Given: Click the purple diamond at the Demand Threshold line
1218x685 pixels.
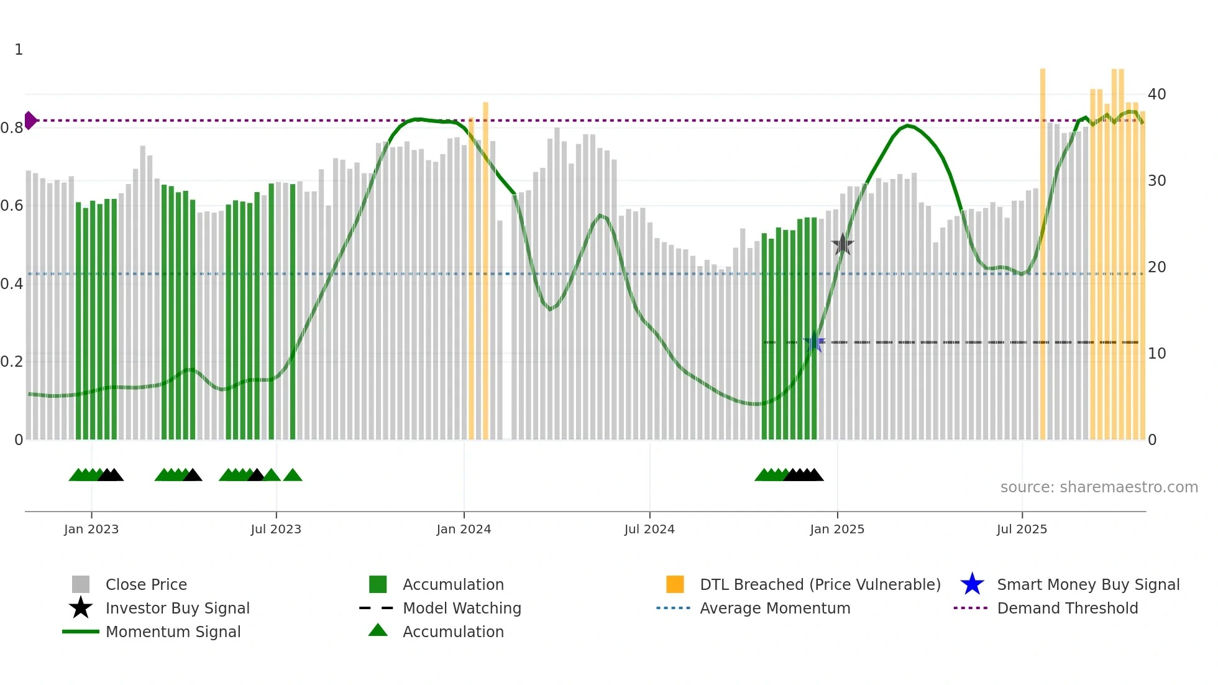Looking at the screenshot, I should (x=30, y=121).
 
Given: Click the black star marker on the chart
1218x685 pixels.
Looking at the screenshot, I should (x=843, y=245).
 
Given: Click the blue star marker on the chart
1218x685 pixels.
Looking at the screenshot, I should (x=813, y=342).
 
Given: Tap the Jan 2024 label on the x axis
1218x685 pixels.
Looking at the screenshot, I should (x=464, y=529).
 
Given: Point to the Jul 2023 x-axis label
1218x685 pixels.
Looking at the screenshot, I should (x=276, y=529).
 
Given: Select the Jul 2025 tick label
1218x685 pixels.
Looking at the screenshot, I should (x=1022, y=529).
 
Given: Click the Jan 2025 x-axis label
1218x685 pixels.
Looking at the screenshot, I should (x=837, y=529).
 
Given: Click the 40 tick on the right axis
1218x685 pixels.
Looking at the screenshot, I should (x=1156, y=94).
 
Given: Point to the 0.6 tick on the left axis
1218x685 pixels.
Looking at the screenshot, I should (x=12, y=206).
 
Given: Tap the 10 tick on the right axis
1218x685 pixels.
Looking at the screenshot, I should (x=1156, y=354).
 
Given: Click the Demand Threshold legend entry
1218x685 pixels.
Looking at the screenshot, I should (x=1067, y=608).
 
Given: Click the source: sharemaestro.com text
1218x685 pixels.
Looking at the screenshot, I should (x=1099, y=487).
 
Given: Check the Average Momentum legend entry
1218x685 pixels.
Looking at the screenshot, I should (x=774, y=608).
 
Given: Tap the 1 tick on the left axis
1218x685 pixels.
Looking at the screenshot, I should (x=19, y=50).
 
